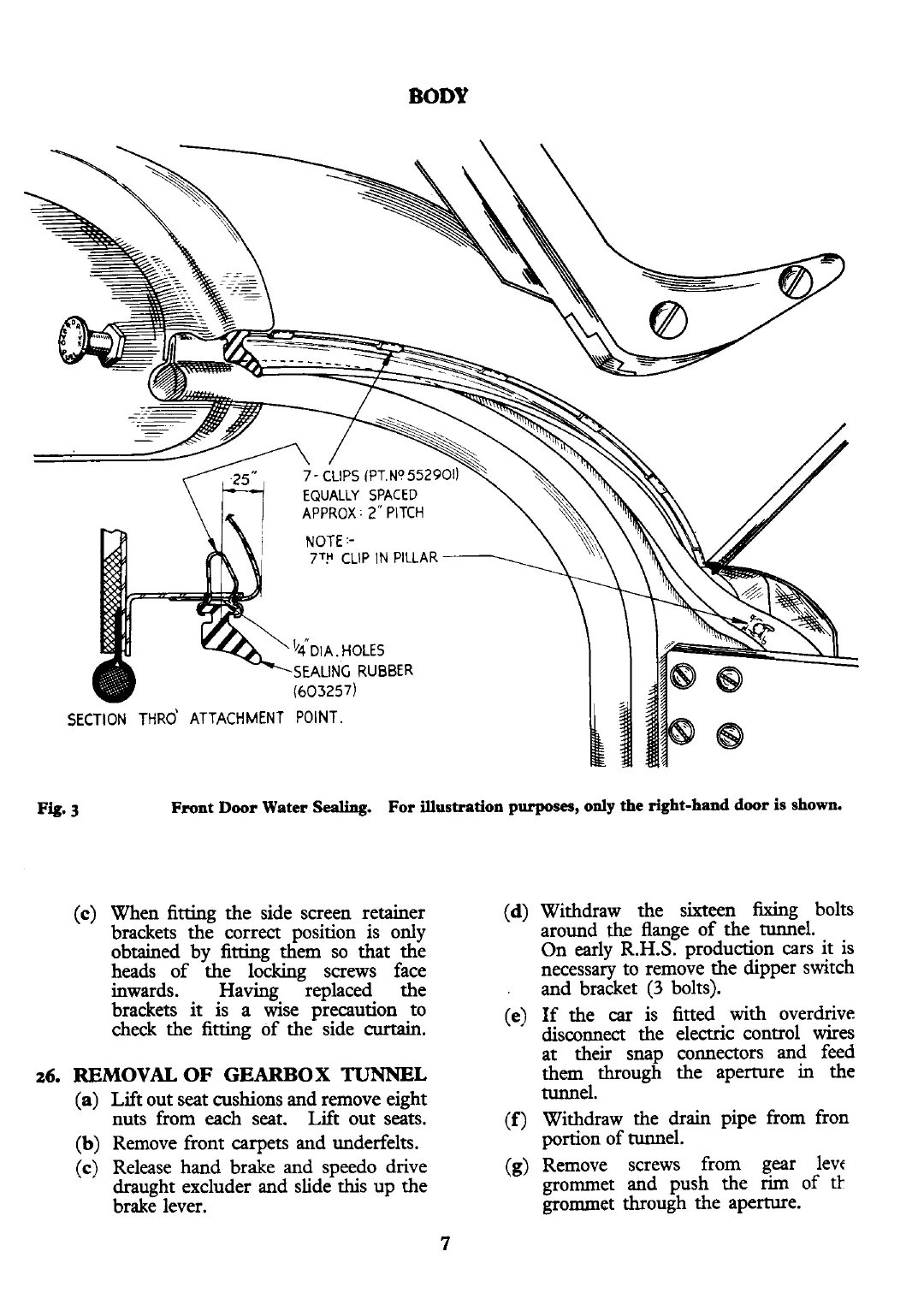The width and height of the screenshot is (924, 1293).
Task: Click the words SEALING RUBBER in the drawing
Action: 353,670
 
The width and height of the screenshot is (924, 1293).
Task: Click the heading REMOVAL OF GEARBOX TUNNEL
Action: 250,1075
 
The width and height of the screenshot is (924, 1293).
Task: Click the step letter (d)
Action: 516,911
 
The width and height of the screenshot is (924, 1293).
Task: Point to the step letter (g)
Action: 516,1166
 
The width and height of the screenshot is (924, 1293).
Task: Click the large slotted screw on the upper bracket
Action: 666,319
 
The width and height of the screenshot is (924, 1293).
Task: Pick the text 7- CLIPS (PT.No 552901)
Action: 382,476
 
